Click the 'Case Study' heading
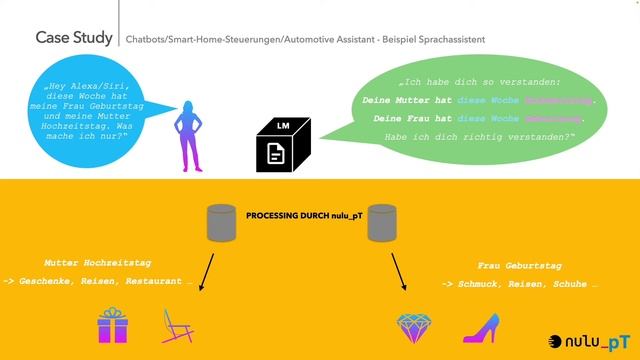[x=72, y=38]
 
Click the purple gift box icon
[x=113, y=326]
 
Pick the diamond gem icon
[x=414, y=327]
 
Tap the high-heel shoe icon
[x=480, y=328]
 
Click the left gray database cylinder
[x=221, y=224]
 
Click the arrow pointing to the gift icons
[x=207, y=271]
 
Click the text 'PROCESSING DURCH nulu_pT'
[x=301, y=214]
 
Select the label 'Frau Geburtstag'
[x=520, y=266]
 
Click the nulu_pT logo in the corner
[x=590, y=341]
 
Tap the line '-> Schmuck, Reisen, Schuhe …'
[x=520, y=284]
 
